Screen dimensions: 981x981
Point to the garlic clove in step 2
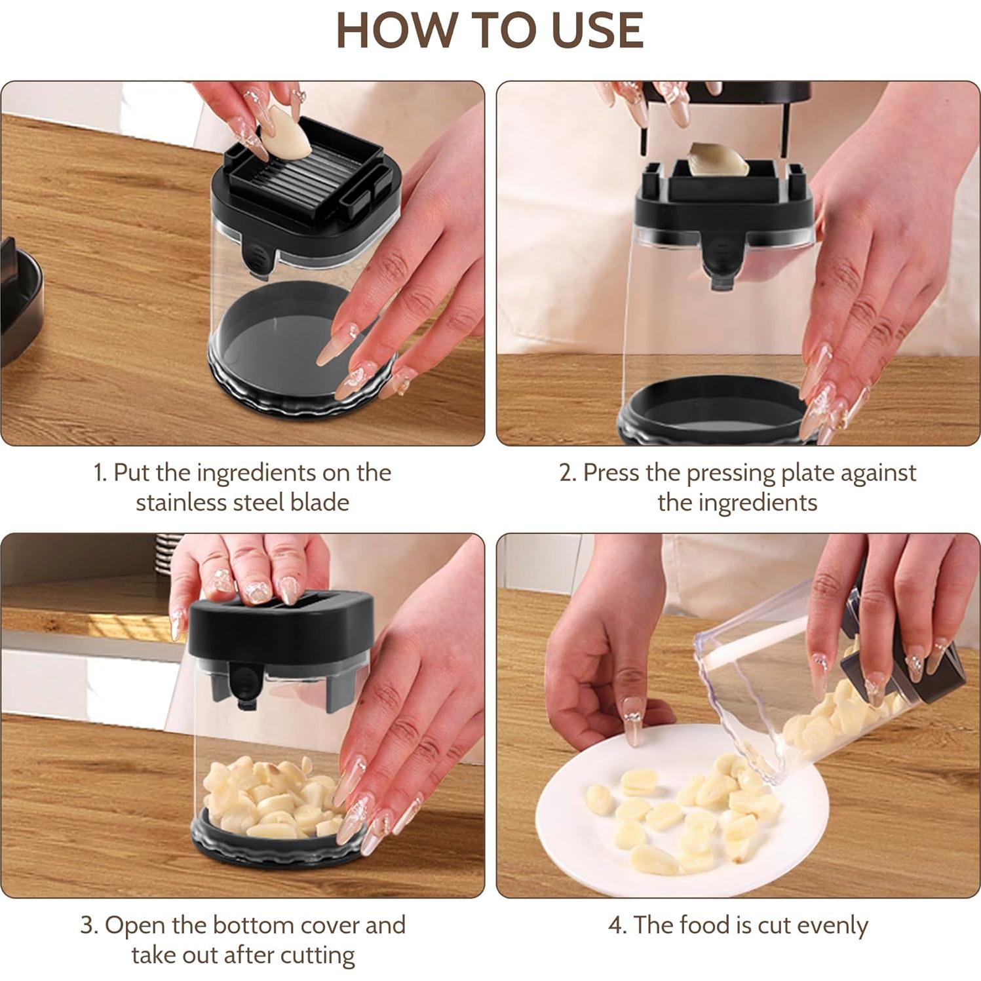(x=717, y=161)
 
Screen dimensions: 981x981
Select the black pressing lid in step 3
(x=281, y=626)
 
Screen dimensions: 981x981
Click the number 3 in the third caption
(x=87, y=925)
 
